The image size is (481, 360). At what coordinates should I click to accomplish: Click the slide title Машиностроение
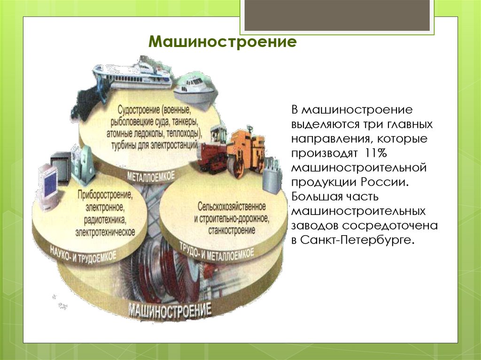(223, 42)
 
